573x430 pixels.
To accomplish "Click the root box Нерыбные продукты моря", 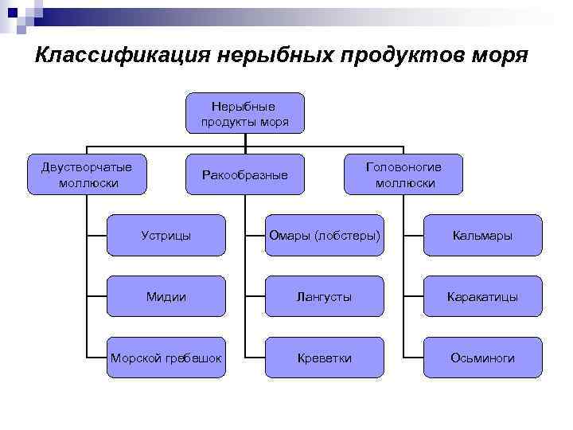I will coord(245,113).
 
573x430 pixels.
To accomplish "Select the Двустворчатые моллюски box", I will coord(88,174).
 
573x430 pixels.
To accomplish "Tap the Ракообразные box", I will coord(245,174).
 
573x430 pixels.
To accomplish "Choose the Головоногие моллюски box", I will coord(403,174).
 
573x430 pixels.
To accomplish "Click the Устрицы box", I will coord(166,236).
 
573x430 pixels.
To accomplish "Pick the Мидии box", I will coord(166,296).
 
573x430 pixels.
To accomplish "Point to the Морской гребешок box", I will coord(166,358).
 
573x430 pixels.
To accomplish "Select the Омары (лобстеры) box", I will coord(324,236).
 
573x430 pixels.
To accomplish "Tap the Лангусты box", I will coord(324,296).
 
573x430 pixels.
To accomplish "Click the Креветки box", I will coord(324,358).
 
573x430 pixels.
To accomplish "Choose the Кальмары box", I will coord(482,236).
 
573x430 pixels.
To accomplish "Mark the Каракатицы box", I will coord(482,296).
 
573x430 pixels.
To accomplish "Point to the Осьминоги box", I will coord(482,358).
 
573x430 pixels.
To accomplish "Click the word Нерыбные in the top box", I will coord(245,106).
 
